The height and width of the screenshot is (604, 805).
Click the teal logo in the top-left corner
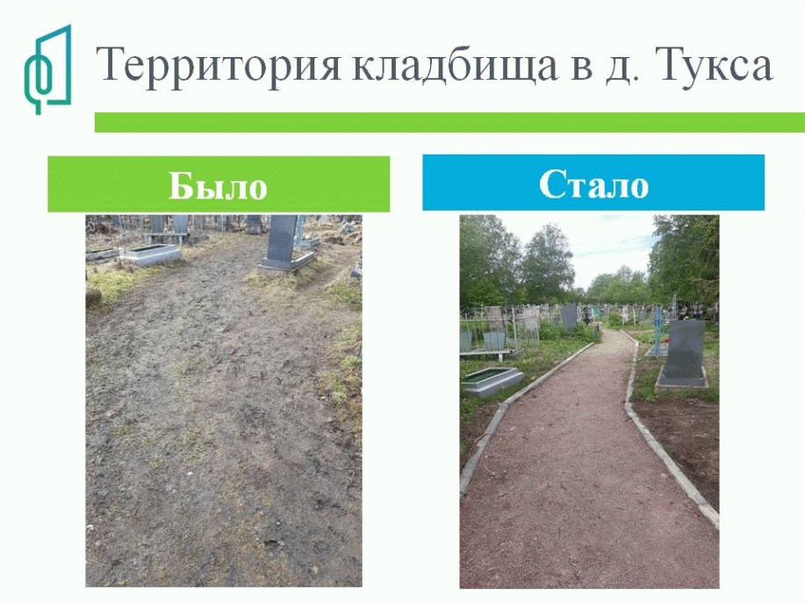(47, 69)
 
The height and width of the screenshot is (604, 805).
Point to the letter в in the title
(581, 70)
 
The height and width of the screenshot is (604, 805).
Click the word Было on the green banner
(219, 185)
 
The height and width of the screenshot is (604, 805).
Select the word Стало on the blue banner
(594, 183)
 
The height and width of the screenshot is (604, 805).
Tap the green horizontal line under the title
(449, 122)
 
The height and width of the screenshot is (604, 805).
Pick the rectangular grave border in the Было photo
(149, 254)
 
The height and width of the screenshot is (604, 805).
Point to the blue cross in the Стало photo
(658, 328)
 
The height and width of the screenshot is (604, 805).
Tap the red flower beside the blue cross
(667, 341)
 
